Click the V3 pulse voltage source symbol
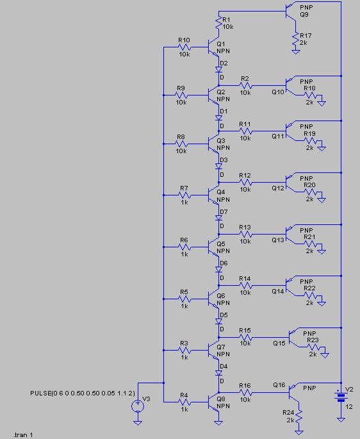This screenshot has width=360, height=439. [x=138, y=406]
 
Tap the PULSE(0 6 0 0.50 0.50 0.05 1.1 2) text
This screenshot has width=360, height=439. [x=83, y=393]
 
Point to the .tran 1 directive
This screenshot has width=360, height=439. [x=23, y=435]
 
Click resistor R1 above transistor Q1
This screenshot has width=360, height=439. [x=218, y=23]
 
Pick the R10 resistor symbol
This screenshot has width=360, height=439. [x=184, y=47]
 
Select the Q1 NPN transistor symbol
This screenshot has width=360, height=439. [x=213, y=47]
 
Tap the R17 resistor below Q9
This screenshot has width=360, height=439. [x=295, y=39]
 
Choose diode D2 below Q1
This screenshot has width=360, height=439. [x=218, y=69]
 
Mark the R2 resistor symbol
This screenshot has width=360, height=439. [x=245, y=85]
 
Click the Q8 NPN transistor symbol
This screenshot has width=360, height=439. [x=213, y=402]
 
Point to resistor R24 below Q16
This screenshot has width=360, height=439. [x=299, y=417]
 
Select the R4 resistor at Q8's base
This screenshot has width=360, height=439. [x=184, y=402]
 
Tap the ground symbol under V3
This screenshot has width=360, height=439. [x=138, y=422]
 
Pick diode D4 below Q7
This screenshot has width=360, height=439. [x=218, y=373]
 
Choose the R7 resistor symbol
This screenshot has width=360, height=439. [x=184, y=195]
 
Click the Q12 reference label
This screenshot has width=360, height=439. [x=278, y=188]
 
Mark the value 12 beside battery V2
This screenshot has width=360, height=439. [x=349, y=406]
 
